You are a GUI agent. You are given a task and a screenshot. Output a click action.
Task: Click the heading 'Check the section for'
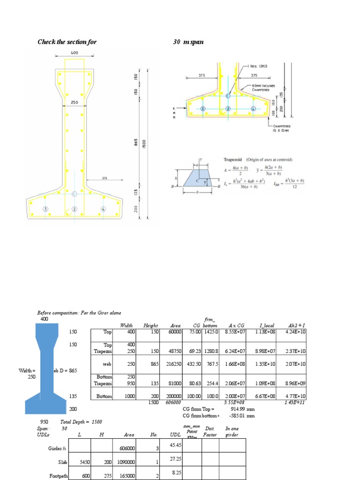click(67, 42)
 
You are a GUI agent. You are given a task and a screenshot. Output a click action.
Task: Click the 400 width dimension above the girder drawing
click(74, 53)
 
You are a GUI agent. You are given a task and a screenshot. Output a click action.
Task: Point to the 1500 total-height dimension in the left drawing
click(145, 143)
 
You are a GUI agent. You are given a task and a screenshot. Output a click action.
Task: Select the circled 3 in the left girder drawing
click(45, 209)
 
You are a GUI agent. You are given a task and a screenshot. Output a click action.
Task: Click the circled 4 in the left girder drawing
click(103, 209)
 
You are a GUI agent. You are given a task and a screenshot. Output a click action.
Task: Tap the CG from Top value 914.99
click(242, 409)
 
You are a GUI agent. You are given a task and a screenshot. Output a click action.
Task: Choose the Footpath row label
click(58, 476)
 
